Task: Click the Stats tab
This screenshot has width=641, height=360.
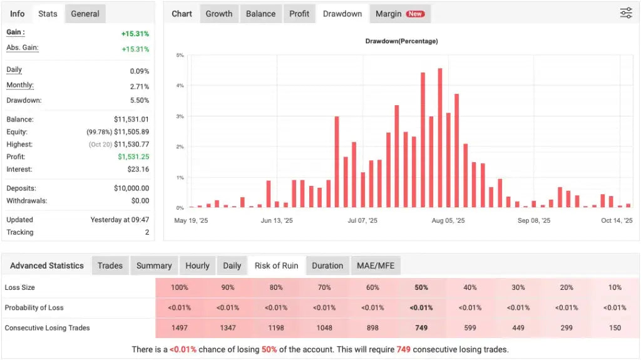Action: [48, 14]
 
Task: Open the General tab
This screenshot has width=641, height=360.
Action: [85, 14]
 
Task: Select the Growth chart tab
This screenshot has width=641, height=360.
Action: [219, 14]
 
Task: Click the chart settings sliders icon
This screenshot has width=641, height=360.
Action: [626, 13]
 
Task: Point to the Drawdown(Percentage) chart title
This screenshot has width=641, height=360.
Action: [401, 41]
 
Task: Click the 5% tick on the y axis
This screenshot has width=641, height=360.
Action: [180, 56]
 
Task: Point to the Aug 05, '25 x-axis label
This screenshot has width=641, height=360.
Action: [448, 220]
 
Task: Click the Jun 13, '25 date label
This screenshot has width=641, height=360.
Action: [277, 220]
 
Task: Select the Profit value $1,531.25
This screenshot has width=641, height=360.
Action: [131, 157]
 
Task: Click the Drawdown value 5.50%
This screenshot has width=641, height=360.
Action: [140, 100]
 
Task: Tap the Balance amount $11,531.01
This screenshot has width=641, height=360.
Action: [131, 119]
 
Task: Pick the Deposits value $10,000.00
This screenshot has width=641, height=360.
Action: [131, 188]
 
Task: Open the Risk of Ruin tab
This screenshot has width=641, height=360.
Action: [276, 265]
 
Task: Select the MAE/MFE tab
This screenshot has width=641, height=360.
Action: [376, 265]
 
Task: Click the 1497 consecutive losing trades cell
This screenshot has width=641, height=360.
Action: [179, 328]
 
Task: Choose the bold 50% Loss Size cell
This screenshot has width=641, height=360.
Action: [421, 287]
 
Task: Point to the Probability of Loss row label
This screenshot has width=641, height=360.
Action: [34, 307]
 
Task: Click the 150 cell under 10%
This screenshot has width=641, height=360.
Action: [615, 328]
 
